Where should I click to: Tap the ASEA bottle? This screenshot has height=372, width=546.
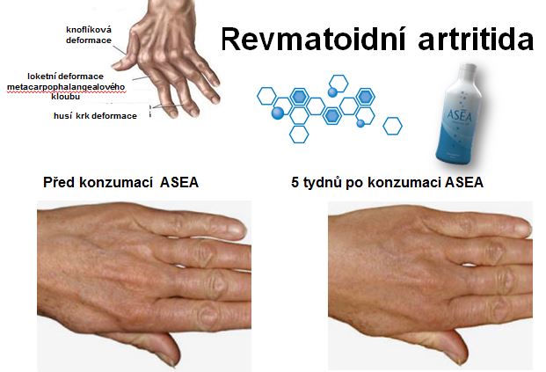click(460, 114)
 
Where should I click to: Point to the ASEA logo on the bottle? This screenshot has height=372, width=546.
click(460, 115)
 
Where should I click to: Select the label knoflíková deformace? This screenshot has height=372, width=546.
click(89, 35)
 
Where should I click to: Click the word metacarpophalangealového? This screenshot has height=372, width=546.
click(66, 86)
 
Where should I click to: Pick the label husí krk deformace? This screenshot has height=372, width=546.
click(95, 115)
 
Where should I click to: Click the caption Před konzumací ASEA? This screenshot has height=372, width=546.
click(120, 182)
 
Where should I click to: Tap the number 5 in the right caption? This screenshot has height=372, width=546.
click(295, 182)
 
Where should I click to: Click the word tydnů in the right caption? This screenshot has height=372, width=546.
click(323, 183)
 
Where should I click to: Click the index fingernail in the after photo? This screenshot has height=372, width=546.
click(522, 230)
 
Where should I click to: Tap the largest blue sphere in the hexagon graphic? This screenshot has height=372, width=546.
click(278, 113)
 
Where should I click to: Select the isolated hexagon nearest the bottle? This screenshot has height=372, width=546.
click(392, 126)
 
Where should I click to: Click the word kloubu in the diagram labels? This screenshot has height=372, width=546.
click(65, 97)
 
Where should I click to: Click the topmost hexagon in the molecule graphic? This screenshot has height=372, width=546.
click(339, 84)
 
